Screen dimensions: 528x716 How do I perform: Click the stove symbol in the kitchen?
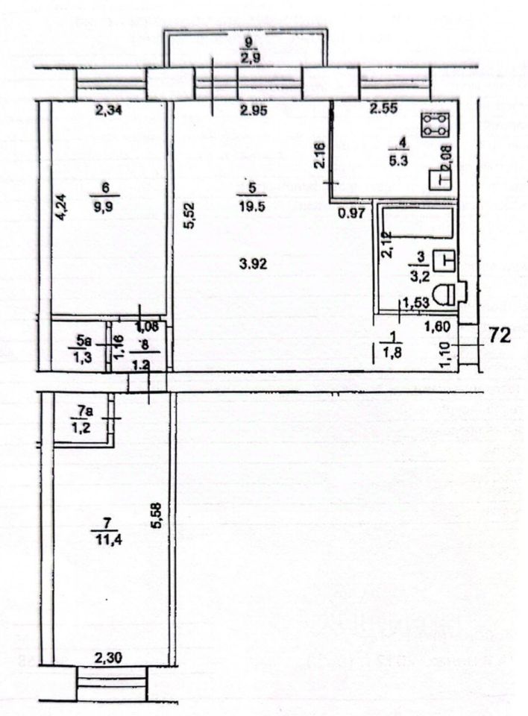(x=435, y=125)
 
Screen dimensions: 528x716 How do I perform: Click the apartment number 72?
(x=499, y=336)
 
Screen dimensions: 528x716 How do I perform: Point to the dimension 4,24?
(x=63, y=207)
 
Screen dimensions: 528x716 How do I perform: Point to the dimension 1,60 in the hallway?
(x=436, y=326)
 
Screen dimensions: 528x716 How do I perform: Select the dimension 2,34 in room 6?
(x=109, y=112)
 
